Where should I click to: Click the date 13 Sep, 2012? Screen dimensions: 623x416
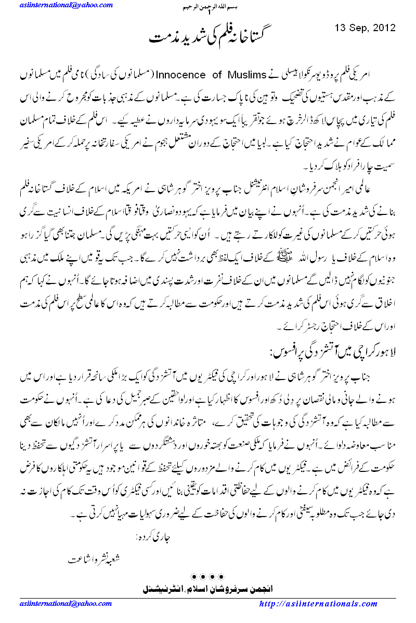(x=366, y=28)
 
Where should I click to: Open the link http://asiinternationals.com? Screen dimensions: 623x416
(x=318, y=604)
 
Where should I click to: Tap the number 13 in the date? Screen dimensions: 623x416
(x=340, y=28)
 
